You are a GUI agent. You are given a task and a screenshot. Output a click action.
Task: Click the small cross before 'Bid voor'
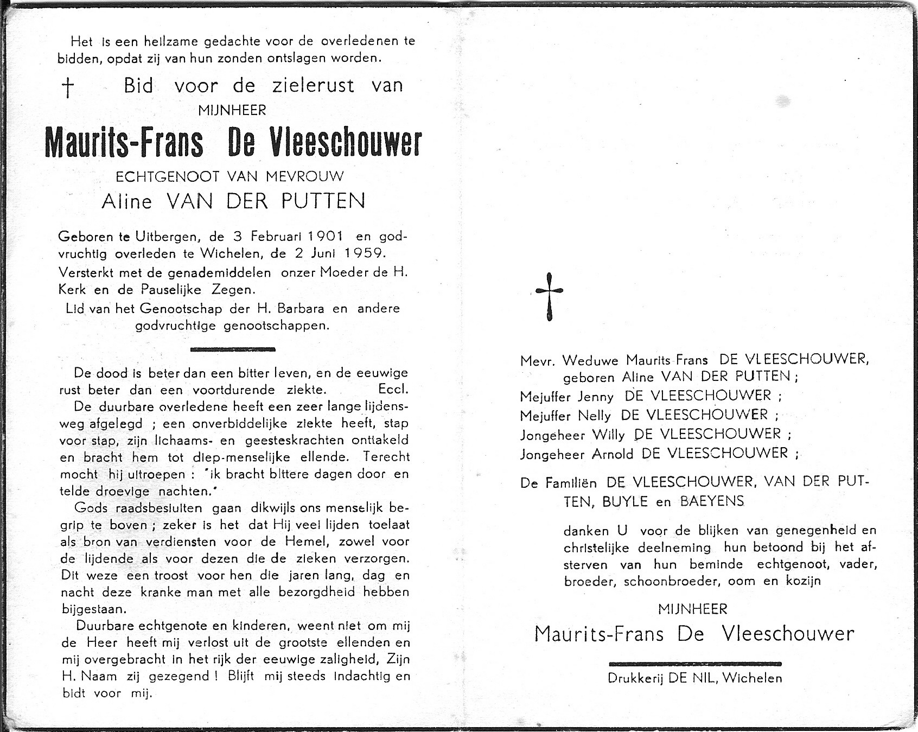68,87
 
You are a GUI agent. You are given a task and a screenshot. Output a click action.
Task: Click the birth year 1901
325,236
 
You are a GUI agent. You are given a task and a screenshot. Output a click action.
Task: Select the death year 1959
367,253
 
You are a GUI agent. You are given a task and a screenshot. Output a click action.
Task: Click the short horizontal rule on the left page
233,349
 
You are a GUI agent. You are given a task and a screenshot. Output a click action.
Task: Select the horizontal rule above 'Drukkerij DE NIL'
695,664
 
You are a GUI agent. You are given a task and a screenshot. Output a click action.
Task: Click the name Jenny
595,397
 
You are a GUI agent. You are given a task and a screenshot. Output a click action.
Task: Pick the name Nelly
594,416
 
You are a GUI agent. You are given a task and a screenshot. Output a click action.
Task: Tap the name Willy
608,435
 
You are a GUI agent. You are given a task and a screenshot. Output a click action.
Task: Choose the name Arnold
612,454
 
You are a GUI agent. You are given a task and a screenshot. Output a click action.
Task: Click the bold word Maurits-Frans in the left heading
124,143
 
